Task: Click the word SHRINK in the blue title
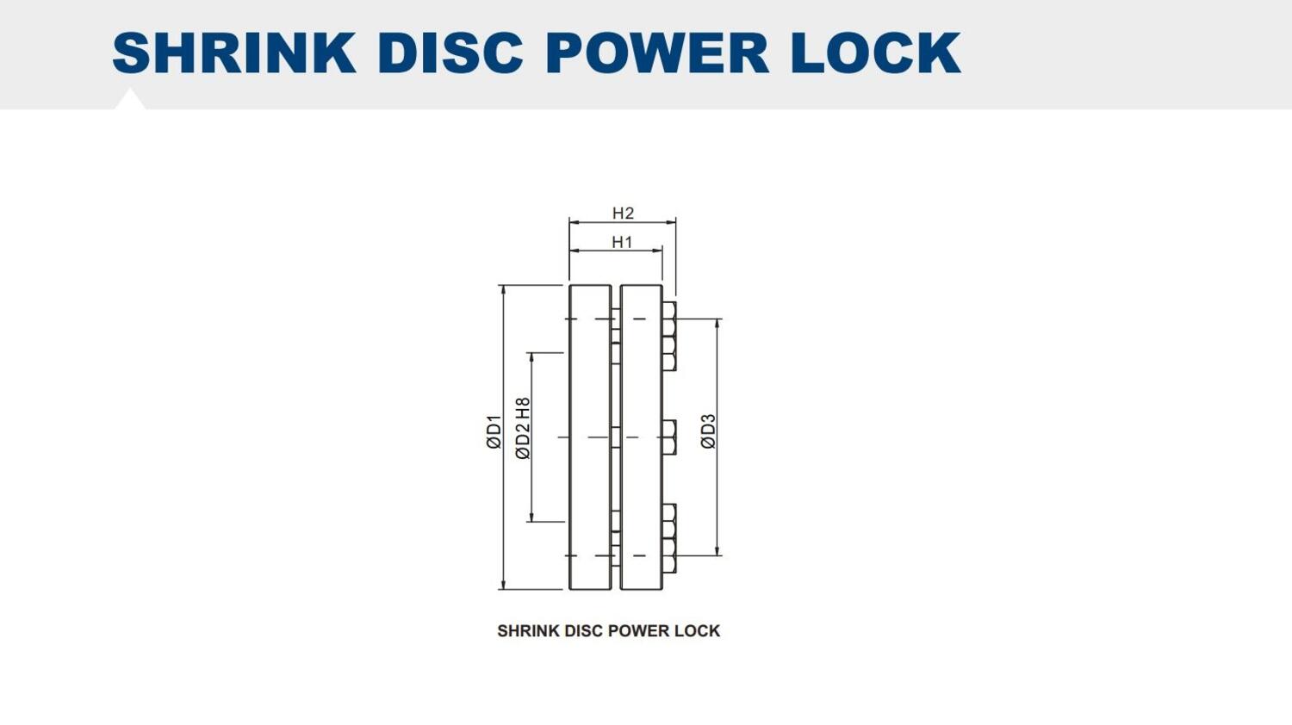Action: (234, 53)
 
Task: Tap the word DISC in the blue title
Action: (450, 53)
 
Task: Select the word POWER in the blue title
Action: (656, 53)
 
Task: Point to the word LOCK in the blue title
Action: (876, 53)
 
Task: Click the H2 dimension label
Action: (623, 214)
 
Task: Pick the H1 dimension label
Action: (622, 242)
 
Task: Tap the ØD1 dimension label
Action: (494, 431)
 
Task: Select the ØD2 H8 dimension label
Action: (522, 429)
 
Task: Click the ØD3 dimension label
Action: (708, 431)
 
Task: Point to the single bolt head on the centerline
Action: (669, 437)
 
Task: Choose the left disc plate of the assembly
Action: (590, 437)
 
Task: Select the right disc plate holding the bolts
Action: (641, 437)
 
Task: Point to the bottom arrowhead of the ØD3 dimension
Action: (717, 550)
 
